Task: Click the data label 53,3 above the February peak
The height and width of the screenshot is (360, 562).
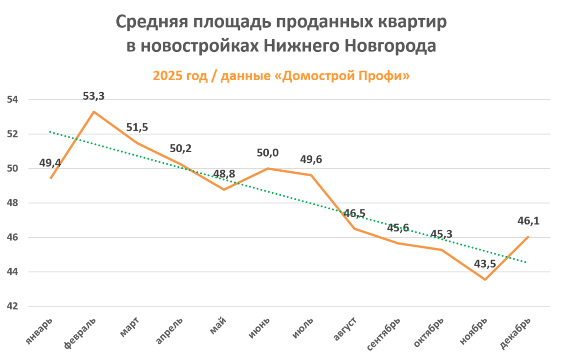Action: [93, 97]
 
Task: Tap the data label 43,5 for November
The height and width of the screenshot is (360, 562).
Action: [485, 264]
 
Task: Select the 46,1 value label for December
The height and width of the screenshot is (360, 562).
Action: [528, 222]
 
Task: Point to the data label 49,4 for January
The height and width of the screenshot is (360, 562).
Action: [50, 162]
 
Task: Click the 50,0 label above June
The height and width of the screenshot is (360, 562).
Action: [267, 153]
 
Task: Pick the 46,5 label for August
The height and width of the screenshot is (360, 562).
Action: [354, 213]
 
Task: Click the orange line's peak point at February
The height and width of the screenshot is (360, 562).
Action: [94, 112]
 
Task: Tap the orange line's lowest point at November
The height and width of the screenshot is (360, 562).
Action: [485, 279]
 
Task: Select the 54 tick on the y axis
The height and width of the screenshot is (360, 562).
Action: [12, 100]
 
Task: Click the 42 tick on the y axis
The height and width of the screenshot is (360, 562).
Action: [12, 307]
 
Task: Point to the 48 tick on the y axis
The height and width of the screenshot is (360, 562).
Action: [12, 203]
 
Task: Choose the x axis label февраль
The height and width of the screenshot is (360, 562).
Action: [81, 333]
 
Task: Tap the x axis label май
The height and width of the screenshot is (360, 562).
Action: [218, 325]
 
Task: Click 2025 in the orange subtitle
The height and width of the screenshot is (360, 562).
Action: [167, 76]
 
